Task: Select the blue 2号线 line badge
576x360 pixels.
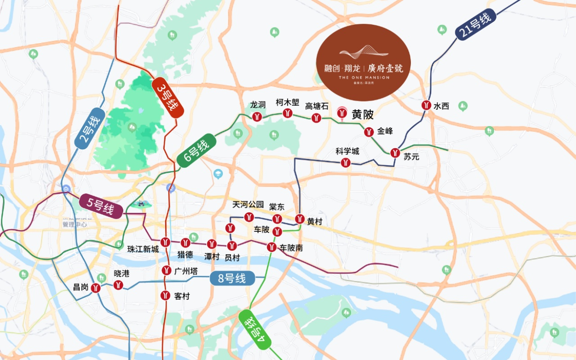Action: [x=90, y=129]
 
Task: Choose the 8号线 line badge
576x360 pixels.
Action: [x=232, y=279]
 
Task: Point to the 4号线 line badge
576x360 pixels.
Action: [x=256, y=329]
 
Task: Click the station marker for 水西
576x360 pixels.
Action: [x=425, y=106]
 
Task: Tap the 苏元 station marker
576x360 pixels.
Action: [x=395, y=153]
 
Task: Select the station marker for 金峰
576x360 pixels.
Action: [x=369, y=132]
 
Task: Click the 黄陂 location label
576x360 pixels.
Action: [x=363, y=115]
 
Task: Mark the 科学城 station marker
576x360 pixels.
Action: [x=346, y=162]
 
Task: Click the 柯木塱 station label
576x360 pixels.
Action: [x=288, y=103]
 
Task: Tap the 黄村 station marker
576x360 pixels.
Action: [x=300, y=219]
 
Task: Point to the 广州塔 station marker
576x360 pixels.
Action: [x=166, y=270]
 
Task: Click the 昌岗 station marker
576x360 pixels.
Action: [x=96, y=288]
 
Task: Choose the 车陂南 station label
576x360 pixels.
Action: [x=291, y=247]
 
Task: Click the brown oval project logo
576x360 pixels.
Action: [x=364, y=63]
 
